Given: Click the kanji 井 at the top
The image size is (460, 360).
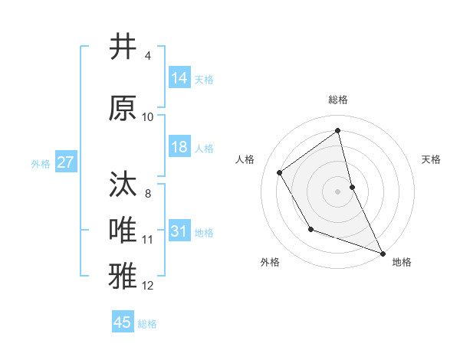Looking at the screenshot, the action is pos(123,47).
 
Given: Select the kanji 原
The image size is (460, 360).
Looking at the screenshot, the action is pos(123,108).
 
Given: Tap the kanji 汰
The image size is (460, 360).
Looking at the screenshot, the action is pos(123,185).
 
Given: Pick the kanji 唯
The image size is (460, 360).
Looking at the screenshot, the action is pos(123,230).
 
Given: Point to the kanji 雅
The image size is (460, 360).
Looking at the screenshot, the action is pos(123,275).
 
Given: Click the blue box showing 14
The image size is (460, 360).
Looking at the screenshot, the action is pos(179,78).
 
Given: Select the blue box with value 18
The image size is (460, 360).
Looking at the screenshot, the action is pos(179,147).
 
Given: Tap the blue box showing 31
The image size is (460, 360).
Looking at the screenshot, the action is pos(179,231).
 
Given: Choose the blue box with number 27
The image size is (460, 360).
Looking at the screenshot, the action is pos(66,162).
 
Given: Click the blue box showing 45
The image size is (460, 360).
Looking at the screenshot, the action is pos(123,322).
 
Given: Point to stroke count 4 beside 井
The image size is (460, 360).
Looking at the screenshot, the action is pos(148,56).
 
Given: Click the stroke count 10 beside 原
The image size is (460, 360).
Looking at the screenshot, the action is pos(148,117).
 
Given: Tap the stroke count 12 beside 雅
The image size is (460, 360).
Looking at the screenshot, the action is pos(148,286).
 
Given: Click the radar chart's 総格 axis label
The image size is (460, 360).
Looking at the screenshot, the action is pos(338,100).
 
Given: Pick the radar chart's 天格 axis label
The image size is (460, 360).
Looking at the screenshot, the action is pos(432,159).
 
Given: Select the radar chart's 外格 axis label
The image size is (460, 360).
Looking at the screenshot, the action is pos(270,262).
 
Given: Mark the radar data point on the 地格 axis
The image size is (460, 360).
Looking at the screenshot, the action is pos(383,254).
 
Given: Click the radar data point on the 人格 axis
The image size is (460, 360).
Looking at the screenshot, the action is pos(280,172).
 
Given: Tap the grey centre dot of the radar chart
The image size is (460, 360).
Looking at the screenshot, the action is pos(338,191).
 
